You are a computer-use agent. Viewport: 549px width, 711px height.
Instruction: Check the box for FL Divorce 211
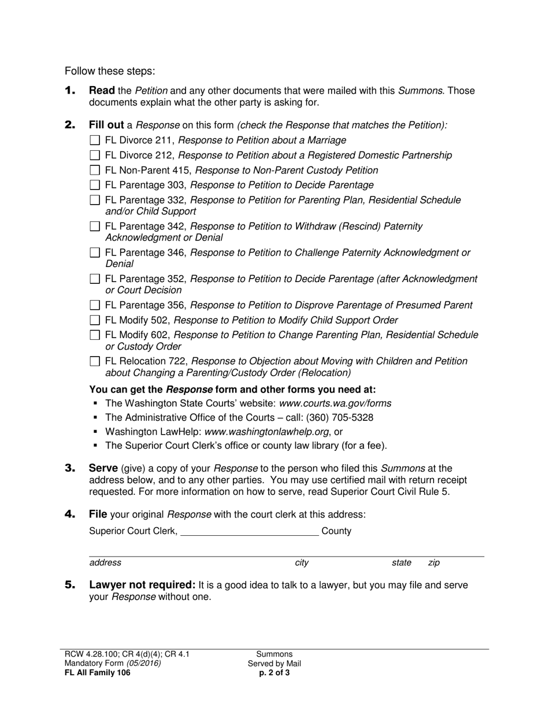[95, 140]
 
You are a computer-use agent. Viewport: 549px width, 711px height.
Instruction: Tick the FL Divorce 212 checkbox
[95, 155]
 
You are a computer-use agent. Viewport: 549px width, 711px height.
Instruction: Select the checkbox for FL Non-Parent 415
[95, 171]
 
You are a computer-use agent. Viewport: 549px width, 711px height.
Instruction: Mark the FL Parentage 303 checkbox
[95, 186]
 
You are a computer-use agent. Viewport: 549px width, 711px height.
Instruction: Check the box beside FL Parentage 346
[95, 253]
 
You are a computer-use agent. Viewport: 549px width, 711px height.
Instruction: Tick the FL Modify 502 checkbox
[95, 320]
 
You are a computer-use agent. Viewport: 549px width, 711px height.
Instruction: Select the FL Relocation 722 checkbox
[95, 361]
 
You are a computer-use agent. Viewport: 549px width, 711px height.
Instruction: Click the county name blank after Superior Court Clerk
[249, 531]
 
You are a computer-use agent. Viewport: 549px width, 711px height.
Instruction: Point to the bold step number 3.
[70, 468]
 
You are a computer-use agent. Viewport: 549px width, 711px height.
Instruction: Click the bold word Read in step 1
[101, 91]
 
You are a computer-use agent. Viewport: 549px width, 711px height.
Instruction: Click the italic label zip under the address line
[433, 562]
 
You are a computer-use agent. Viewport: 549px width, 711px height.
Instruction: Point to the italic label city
[302, 562]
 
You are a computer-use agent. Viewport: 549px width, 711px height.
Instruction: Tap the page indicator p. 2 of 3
[274, 672]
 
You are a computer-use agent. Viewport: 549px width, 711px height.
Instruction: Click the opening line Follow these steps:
[110, 71]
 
